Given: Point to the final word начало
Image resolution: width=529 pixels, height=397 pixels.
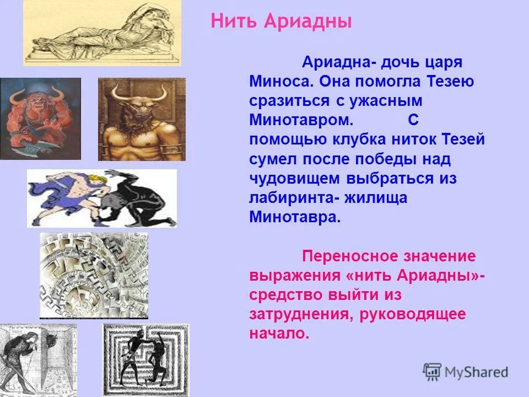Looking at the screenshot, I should coord(279,334).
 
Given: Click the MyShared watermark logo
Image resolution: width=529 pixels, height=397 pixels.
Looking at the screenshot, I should coord(466,371).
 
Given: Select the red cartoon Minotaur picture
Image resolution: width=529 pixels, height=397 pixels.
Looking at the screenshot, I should coord(40,118).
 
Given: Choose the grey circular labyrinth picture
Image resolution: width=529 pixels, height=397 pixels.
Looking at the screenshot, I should coord(94,274).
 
